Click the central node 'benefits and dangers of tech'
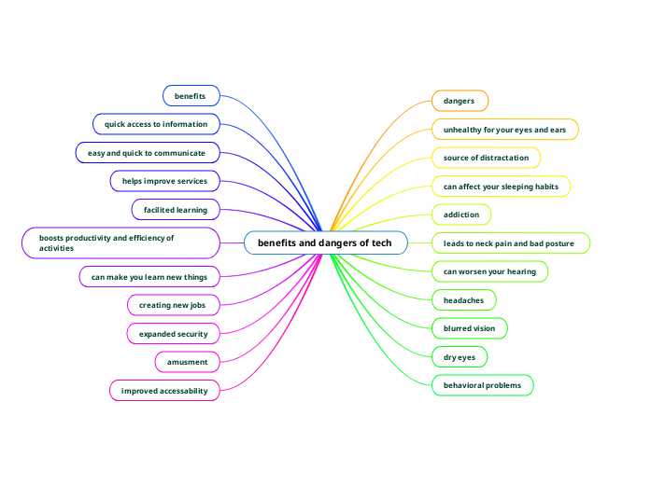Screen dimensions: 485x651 (x=325, y=243)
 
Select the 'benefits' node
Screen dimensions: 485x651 (x=191, y=95)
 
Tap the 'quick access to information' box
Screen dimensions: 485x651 (x=157, y=123)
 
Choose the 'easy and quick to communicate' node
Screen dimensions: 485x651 (x=147, y=151)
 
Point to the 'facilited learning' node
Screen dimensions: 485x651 (x=176, y=209)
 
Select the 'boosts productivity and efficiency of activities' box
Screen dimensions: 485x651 (x=120, y=243)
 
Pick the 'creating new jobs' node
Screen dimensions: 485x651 (x=172, y=305)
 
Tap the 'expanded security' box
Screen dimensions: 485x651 (x=173, y=333)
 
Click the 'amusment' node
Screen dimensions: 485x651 (x=187, y=361)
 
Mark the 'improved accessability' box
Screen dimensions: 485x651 (x=164, y=390)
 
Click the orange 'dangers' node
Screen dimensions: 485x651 (x=459, y=101)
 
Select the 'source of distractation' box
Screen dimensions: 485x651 (x=486, y=158)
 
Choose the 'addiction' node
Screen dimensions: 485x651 (x=460, y=215)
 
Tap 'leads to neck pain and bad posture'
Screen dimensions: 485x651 (x=510, y=243)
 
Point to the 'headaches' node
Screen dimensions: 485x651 (x=463, y=300)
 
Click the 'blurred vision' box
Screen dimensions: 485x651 (x=469, y=328)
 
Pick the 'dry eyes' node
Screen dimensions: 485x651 (x=460, y=356)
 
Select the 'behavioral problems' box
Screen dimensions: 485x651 (x=482, y=384)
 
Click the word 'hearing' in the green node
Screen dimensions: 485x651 (x=520, y=271)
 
